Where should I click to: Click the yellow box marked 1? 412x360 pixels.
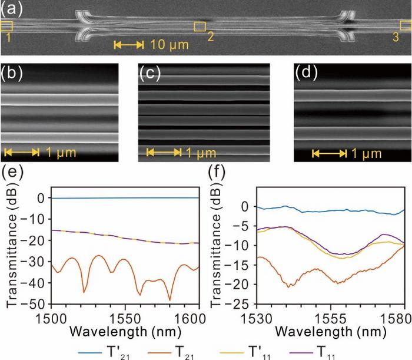click(x=6, y=26)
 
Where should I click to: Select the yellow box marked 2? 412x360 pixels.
click(x=200, y=27)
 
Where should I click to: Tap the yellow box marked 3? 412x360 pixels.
click(x=406, y=25)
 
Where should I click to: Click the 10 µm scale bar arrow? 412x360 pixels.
click(x=128, y=45)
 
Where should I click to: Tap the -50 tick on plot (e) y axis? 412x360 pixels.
click(x=40, y=304)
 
